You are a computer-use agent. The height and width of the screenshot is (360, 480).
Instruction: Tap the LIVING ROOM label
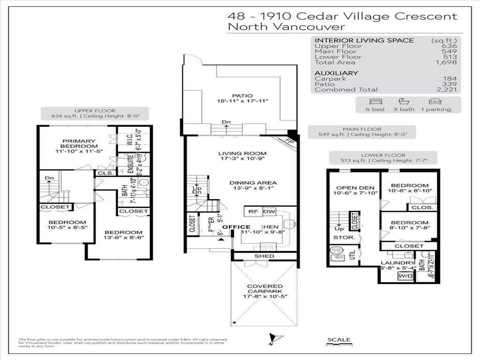[x=242, y=153]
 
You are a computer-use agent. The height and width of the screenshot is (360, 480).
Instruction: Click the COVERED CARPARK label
[x=265, y=289]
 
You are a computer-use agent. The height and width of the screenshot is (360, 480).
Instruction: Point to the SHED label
[x=264, y=256]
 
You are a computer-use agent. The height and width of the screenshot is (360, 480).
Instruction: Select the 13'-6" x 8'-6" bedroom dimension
[x=123, y=239]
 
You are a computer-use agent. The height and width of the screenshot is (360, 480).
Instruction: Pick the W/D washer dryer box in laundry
[x=405, y=277]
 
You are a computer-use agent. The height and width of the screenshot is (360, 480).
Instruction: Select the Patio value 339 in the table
[x=450, y=84]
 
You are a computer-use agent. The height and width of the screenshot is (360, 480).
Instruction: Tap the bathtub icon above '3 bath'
[x=402, y=101]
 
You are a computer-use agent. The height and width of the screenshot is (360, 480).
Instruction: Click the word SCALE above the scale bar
[x=338, y=340]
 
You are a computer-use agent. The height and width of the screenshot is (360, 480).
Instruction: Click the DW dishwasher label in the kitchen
[x=269, y=212]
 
